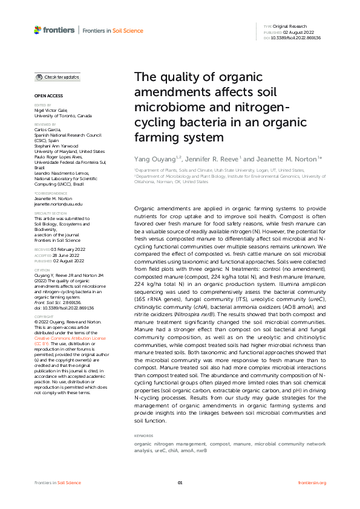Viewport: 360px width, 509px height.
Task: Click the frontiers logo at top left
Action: (54, 30)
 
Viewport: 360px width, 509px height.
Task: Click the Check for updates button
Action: (57, 77)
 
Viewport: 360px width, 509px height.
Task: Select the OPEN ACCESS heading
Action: (48, 96)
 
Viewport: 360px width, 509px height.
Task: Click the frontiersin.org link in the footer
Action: (312, 482)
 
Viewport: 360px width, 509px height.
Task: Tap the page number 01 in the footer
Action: (180, 482)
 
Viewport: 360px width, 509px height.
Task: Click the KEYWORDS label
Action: (143, 435)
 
